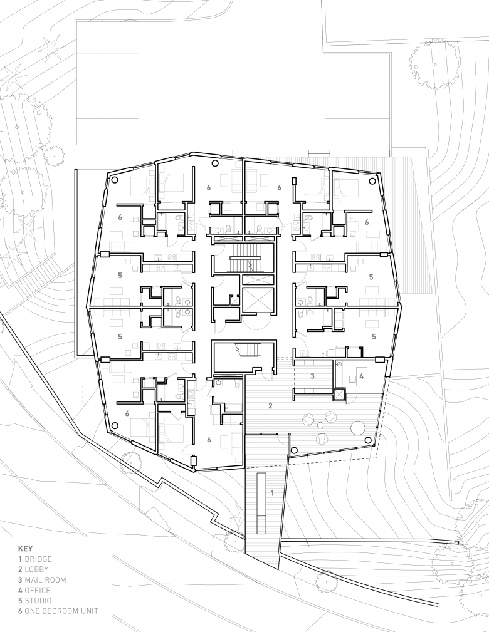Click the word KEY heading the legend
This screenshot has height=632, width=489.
pyautogui.click(x=26, y=549)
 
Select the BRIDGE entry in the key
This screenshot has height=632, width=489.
pyautogui.click(x=35, y=559)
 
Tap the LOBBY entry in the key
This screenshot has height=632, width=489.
pyautogui.click(x=33, y=569)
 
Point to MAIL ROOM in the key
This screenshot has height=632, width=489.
pyautogui.click(x=42, y=580)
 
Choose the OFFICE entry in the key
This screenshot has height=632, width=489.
pyautogui.click(x=34, y=591)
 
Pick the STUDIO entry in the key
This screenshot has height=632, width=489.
pyautogui.click(x=34, y=601)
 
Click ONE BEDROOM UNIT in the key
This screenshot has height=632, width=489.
pyautogui.click(x=58, y=611)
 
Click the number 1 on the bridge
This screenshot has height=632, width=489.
pyautogui.click(x=272, y=493)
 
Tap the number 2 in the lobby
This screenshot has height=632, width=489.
pyautogui.click(x=270, y=406)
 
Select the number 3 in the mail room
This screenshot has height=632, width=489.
pyautogui.click(x=312, y=376)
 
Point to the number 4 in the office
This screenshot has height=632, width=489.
pyautogui.click(x=362, y=376)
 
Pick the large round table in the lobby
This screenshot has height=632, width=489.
pyautogui.click(x=358, y=428)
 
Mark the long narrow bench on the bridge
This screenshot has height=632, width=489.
pyautogui.click(x=260, y=497)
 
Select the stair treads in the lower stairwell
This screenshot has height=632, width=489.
pyautogui.click(x=246, y=350)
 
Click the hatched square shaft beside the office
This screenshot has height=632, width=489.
pyautogui.click(x=339, y=395)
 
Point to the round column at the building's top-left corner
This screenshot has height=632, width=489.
pyautogui.click(x=113, y=180)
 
